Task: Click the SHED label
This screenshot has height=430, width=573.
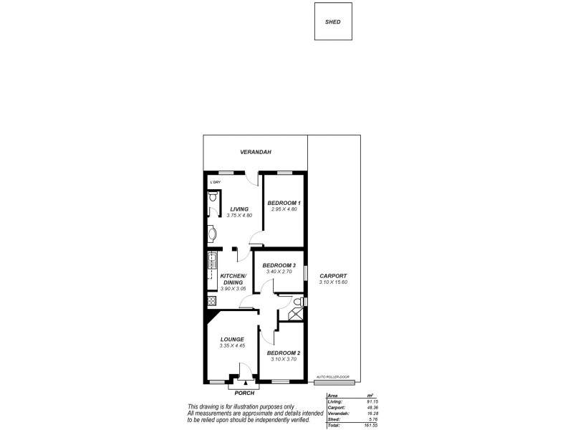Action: pos(334,21)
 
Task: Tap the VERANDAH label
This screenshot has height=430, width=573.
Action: pos(255,152)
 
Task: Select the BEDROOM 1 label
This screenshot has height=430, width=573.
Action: pos(284,203)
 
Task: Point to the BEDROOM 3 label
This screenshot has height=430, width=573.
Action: pos(279,265)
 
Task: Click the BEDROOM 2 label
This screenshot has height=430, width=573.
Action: pos(283,353)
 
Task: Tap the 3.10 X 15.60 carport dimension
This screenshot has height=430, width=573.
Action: pos(334,282)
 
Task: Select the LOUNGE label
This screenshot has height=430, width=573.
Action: pos(233,340)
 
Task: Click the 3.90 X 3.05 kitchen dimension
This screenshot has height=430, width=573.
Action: pos(233,289)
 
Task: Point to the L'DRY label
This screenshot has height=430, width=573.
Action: pos(215,183)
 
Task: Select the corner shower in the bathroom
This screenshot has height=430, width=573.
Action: pos(294,313)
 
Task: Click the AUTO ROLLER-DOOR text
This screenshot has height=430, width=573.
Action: pos(330,376)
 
